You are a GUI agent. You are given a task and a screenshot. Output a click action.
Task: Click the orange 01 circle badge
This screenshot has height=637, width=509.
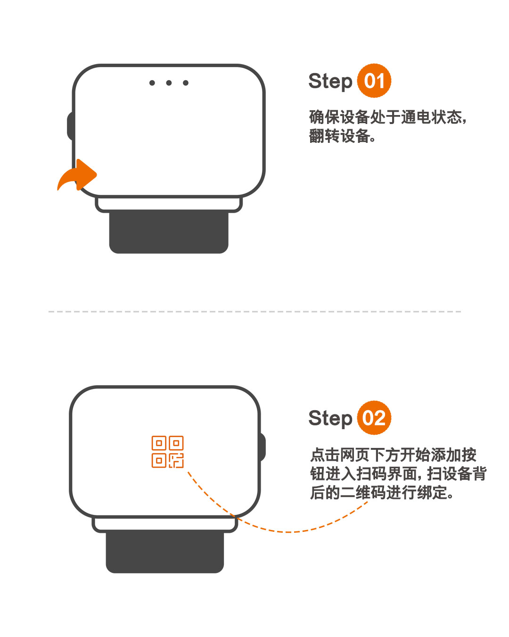click(x=374, y=81)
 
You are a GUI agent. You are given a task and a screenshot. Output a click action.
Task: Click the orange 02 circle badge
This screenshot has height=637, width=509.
click(x=374, y=418)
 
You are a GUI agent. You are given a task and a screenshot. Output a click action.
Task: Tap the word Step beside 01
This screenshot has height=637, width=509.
click(x=330, y=81)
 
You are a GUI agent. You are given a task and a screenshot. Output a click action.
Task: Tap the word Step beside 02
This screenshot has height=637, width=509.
click(x=330, y=419)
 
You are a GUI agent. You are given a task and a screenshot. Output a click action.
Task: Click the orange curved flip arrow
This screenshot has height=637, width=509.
click(x=76, y=175)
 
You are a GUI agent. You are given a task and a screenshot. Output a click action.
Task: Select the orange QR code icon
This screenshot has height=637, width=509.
click(x=167, y=452)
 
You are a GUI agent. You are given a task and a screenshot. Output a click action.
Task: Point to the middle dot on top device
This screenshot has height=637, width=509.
click(x=169, y=83)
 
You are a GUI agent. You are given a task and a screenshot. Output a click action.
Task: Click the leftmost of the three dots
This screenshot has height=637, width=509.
click(x=152, y=83)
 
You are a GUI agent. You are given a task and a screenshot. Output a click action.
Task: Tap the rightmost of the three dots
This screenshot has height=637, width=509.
click(x=186, y=83)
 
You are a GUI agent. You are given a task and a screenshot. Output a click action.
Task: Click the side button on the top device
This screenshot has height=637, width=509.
click(x=70, y=126)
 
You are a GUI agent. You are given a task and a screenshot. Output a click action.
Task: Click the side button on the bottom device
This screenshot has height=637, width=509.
click(x=262, y=447)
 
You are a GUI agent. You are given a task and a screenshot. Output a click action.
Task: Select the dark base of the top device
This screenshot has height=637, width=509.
click(x=169, y=232)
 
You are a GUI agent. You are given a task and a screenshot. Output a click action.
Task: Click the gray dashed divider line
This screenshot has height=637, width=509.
click(x=254, y=312)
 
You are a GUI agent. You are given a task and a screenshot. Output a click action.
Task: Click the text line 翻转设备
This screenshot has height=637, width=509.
click(x=342, y=136)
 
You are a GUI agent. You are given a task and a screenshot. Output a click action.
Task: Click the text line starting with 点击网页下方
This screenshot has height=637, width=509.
click(x=393, y=455)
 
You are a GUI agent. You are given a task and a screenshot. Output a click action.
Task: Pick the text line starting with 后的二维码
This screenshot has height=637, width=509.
click(x=382, y=493)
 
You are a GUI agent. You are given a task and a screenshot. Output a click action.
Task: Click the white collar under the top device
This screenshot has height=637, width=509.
click(x=169, y=205)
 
